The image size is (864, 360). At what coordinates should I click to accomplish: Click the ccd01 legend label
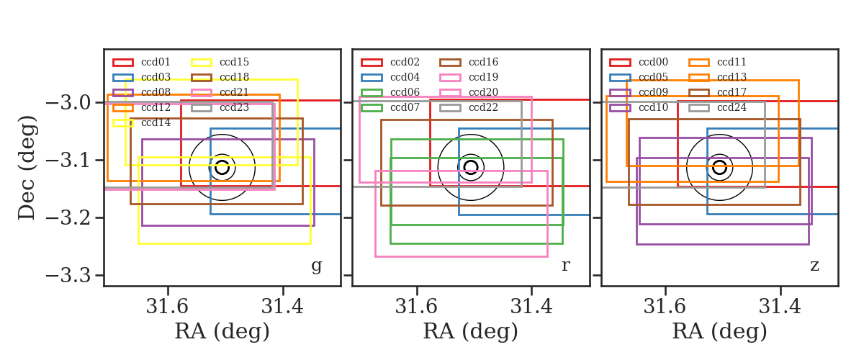click(156, 62)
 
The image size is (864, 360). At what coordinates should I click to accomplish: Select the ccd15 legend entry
click(234, 62)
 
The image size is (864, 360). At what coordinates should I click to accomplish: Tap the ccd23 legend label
click(234, 107)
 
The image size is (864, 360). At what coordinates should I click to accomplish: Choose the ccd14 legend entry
click(156, 122)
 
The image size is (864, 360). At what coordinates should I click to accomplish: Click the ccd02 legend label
click(405, 62)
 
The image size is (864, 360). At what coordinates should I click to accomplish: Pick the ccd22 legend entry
click(483, 107)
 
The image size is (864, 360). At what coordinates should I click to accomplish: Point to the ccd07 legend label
click(405, 107)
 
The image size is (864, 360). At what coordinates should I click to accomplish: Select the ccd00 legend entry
click(653, 62)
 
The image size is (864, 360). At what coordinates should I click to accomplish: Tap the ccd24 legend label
click(732, 107)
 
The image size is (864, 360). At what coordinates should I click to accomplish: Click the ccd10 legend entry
click(653, 107)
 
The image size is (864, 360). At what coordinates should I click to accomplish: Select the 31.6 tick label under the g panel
click(167, 307)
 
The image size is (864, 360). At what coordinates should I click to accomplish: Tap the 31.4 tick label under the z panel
click(780, 307)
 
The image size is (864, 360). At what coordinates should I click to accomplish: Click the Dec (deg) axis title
click(27, 168)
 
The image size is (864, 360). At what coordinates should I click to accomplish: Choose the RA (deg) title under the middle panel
click(471, 332)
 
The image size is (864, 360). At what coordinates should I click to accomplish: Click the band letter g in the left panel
click(316, 266)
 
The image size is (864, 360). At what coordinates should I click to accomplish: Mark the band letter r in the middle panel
click(565, 266)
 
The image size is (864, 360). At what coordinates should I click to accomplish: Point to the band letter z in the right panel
click(814, 266)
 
